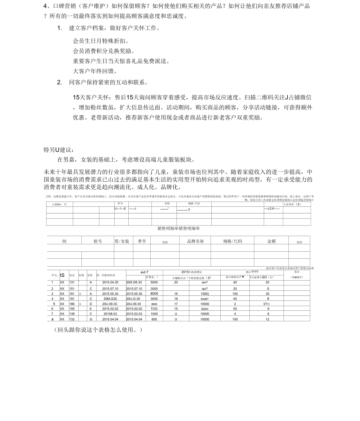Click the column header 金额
(271, 242)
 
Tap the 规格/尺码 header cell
(232, 242)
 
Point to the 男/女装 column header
(122, 242)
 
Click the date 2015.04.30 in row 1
(110, 282)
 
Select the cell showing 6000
(154, 294)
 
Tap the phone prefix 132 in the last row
(72, 319)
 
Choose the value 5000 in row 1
(154, 282)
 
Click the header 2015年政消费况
(192, 272)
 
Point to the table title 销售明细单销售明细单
(178, 228)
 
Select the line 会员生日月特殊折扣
(101, 41)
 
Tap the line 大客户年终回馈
(95, 72)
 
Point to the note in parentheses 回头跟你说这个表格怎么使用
(98, 330)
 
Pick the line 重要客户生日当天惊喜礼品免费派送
(121, 61)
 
